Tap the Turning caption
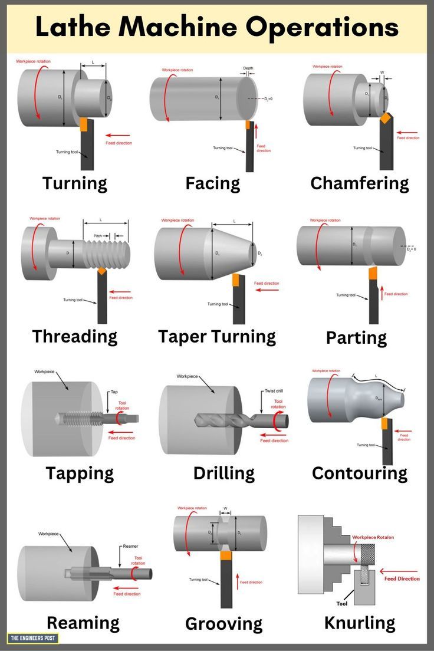75,183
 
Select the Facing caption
212,183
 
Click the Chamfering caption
359,183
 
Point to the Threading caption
75,337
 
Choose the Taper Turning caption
216,337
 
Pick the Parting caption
356,338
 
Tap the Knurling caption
359,623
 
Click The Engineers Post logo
33,638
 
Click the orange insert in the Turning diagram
83,125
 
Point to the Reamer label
130,547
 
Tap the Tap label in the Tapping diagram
114,392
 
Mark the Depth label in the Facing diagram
248,68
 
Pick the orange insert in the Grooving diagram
225,555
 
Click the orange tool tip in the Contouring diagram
384,423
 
